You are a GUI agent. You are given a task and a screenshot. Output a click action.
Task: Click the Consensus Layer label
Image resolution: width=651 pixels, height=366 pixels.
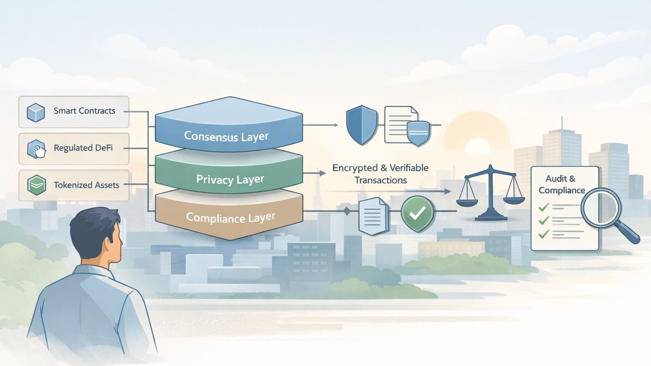tap(226, 136)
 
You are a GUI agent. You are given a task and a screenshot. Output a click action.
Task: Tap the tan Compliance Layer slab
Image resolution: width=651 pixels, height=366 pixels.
tap(230, 218)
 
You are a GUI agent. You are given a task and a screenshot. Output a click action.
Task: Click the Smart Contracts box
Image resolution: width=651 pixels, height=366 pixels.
tap(74, 112)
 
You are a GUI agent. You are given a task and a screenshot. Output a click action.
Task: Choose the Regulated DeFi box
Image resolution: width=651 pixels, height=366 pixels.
tap(74, 148)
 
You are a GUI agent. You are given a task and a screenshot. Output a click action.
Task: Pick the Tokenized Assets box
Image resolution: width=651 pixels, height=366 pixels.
tap(74, 185)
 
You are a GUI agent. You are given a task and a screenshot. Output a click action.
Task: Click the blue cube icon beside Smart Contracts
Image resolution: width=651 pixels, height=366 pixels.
tap(36, 112)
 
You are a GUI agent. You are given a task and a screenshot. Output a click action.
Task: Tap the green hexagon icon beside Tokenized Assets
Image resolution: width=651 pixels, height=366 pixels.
tap(36, 185)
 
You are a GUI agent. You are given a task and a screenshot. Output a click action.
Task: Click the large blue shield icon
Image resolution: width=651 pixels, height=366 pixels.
tap(362, 125)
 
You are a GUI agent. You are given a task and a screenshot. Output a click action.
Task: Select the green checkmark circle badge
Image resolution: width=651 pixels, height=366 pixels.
tap(417, 213)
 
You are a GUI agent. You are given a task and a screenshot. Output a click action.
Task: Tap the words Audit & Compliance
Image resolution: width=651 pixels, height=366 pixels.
tap(561, 184)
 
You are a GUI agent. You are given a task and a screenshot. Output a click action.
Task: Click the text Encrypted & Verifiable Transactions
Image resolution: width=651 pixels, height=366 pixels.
tap(380, 174)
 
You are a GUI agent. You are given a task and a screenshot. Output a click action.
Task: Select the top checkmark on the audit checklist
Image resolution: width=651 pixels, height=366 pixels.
tap(543, 207)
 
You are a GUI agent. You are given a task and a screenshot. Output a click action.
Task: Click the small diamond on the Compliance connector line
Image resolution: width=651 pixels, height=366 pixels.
tap(347, 211)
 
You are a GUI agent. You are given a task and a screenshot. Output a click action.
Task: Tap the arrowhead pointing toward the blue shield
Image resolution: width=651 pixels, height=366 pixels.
tap(336, 125)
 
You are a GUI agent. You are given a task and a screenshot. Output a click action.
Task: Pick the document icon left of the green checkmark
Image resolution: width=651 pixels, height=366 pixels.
tap(373, 216)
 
